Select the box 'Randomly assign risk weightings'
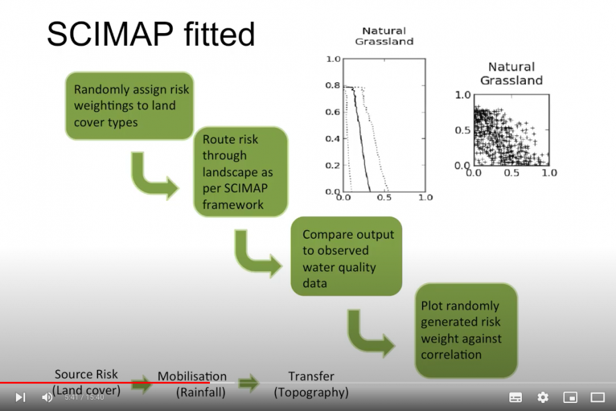130,106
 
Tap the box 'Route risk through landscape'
240,172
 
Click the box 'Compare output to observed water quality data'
346,258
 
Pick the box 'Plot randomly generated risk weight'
465,330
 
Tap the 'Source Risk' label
86,375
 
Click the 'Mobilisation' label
192,377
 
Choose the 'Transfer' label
311,377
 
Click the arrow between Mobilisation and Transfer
248,382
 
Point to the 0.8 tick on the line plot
333,86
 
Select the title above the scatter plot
511,74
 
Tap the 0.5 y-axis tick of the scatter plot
463,130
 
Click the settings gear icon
543,397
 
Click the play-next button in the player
21,397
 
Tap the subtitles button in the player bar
515,397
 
